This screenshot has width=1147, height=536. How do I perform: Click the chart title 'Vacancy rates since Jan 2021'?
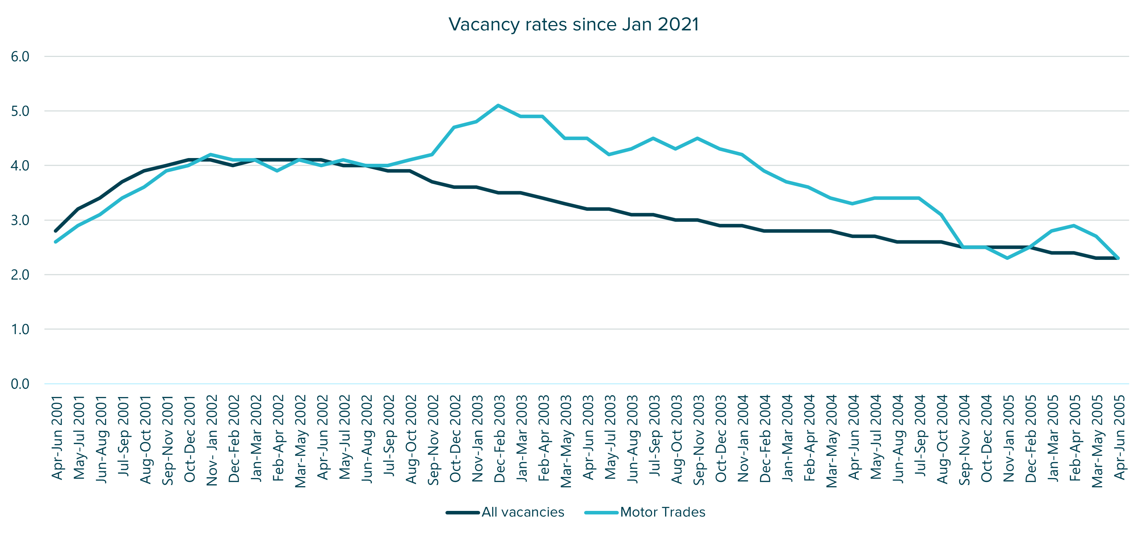573,24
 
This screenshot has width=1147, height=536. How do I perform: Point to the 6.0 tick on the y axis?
20,57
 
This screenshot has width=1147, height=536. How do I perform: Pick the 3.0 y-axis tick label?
20,220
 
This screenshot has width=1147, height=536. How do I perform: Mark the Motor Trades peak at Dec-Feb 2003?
498,105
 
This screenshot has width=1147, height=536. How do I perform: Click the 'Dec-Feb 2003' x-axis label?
500,438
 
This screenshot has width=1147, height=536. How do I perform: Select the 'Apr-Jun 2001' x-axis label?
57,438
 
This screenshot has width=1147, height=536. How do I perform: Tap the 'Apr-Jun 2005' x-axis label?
1119,438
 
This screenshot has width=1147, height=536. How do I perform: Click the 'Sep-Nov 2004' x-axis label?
964,439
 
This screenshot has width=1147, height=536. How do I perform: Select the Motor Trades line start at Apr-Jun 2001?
56,242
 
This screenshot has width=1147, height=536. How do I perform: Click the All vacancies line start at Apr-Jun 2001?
56,231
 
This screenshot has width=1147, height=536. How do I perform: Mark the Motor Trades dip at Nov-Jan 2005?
1008,258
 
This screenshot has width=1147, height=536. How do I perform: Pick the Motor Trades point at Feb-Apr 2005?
1074,226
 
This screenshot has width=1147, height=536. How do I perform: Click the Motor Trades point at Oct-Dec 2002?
454,127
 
